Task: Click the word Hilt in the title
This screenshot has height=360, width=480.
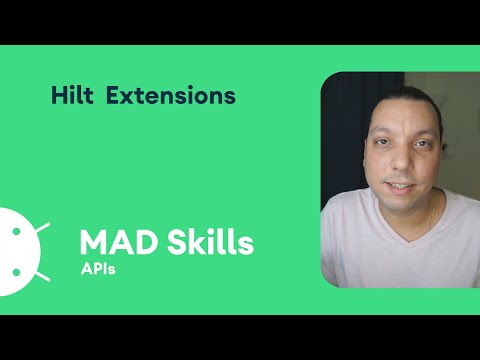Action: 72,96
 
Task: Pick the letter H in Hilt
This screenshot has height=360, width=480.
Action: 57,96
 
